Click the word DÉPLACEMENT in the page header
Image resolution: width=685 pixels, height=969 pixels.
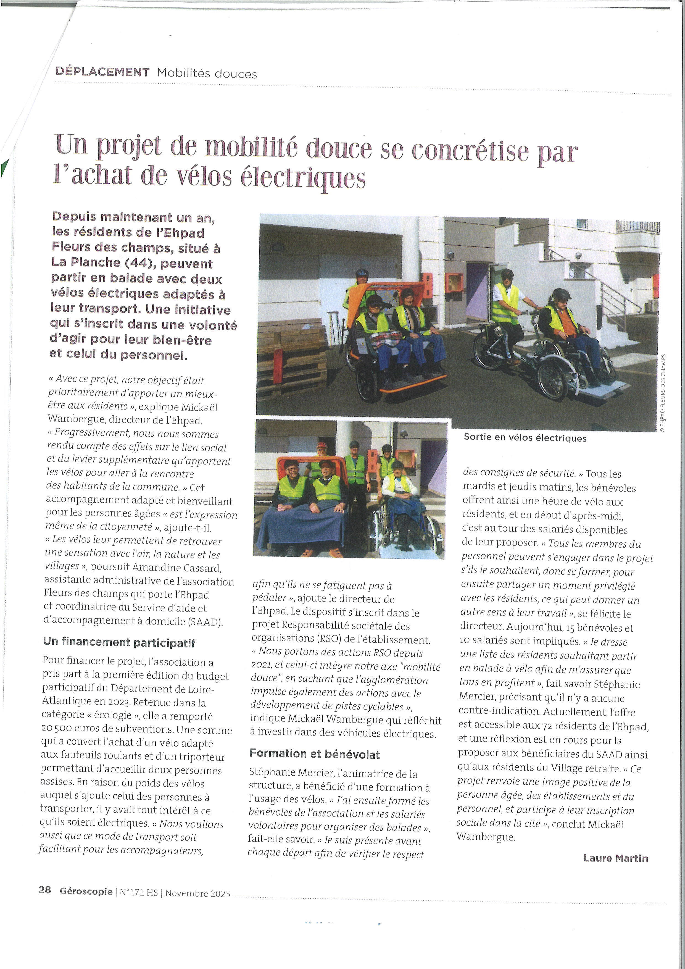(102, 72)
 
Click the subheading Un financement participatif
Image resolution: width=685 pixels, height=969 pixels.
(119, 642)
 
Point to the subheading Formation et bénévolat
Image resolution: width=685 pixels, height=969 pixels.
(314, 754)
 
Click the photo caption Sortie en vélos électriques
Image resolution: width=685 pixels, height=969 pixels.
(525, 438)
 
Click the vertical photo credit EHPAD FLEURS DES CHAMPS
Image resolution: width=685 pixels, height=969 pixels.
(662, 393)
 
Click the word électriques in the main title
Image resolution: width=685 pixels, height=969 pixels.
(302, 177)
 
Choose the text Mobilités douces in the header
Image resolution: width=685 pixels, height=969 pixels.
(207, 74)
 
